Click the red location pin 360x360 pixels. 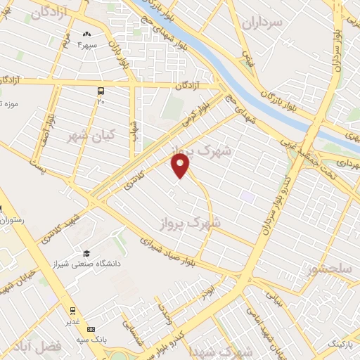[181, 167]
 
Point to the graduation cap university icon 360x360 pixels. [86, 253]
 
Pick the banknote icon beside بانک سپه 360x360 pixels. [91, 329]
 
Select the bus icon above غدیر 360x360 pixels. [72, 311]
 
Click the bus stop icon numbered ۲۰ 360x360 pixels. [101, 91]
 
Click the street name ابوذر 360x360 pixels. [204, 290]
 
